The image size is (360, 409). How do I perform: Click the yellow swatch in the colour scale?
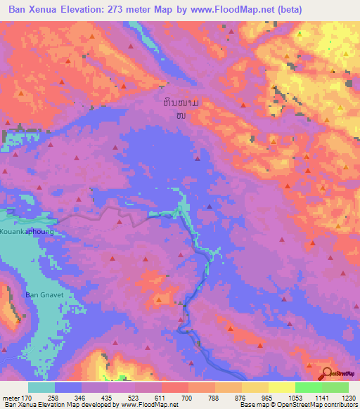[282, 387]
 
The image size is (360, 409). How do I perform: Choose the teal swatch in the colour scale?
[41, 387]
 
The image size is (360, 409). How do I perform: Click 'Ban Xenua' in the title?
[33, 9]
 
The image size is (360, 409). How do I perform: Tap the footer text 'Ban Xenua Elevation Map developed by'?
[59, 405]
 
